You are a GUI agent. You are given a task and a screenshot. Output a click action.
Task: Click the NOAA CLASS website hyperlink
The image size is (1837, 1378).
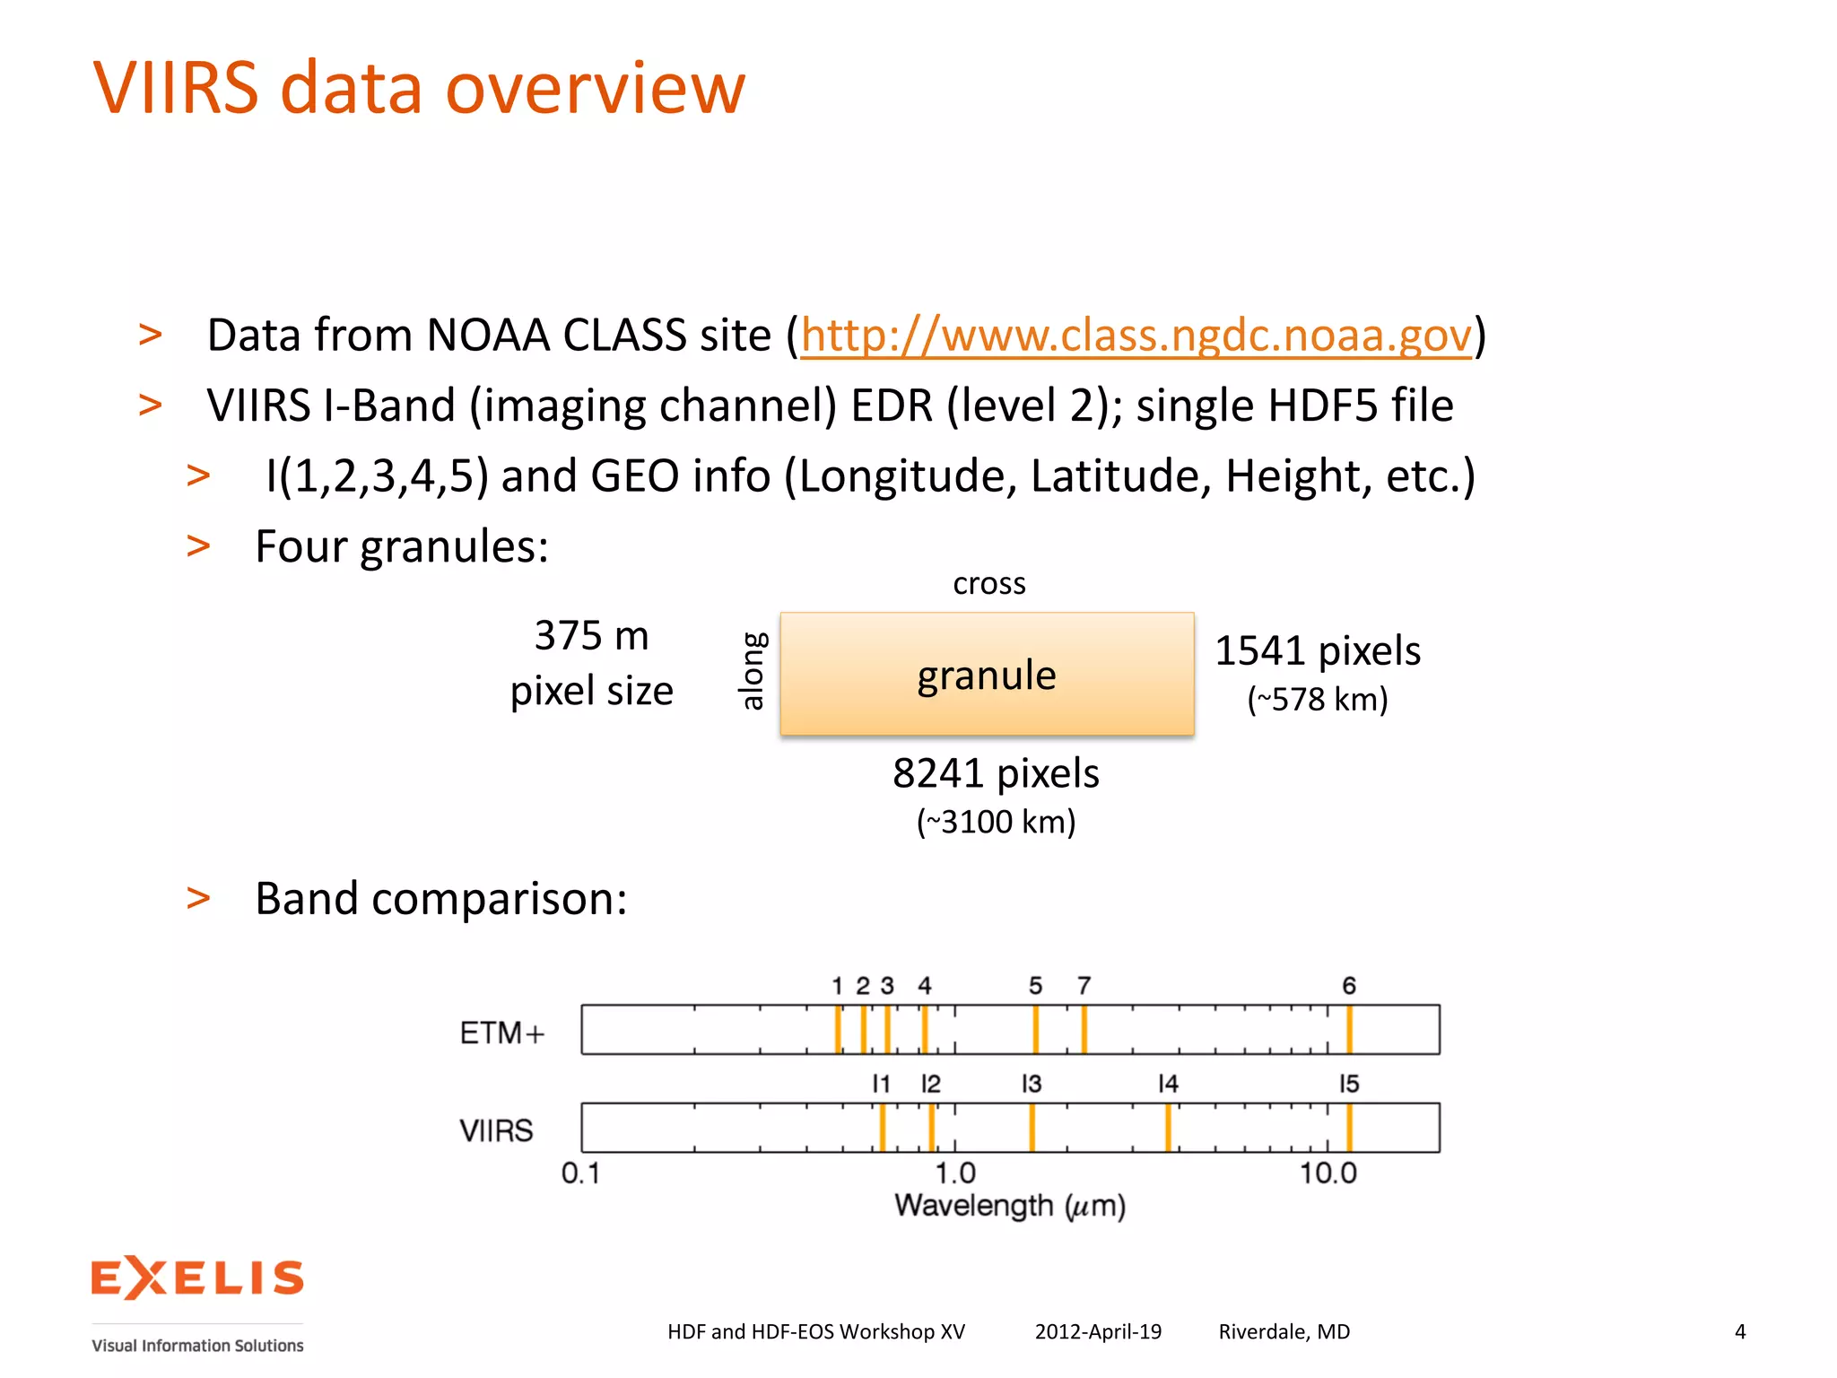pyautogui.click(x=1136, y=336)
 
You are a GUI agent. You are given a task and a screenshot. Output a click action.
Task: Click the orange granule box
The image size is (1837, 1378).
pyautogui.click(x=987, y=675)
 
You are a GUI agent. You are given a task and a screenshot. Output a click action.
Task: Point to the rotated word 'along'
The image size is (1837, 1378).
pyautogui.click(x=753, y=671)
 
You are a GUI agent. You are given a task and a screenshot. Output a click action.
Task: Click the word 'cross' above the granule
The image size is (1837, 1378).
pyautogui.click(x=988, y=584)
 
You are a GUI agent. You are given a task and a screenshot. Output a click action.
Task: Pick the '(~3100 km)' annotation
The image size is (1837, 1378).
pyautogui.click(x=996, y=822)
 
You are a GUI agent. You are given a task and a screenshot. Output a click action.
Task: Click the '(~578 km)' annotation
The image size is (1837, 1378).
pyautogui.click(x=1317, y=700)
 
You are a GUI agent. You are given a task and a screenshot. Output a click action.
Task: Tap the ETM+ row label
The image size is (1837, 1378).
pyautogui.click(x=502, y=1033)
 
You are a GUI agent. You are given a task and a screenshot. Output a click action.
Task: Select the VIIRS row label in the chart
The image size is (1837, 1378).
pyautogui.click(x=496, y=1130)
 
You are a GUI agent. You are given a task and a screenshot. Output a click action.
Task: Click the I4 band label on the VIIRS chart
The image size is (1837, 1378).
pyautogui.click(x=1167, y=1085)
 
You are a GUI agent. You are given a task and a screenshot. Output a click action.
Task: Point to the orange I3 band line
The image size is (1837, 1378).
pyautogui.click(x=1032, y=1128)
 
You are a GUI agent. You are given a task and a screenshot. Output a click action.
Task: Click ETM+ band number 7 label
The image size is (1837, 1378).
pyautogui.click(x=1084, y=987)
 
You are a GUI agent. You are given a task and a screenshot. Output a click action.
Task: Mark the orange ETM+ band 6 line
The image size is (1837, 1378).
pyautogui.click(x=1349, y=1029)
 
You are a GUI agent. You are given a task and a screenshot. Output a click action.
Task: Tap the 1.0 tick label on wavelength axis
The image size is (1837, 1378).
pyautogui.click(x=955, y=1173)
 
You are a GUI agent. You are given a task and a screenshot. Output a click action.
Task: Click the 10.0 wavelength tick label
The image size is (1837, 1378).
pyautogui.click(x=1328, y=1173)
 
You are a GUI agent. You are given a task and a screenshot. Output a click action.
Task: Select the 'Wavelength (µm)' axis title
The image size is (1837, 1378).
pyautogui.click(x=1009, y=1207)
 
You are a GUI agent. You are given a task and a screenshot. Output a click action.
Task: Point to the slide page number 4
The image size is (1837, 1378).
pyautogui.click(x=1740, y=1332)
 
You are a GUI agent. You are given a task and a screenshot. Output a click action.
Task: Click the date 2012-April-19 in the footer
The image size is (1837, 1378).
pyautogui.click(x=1098, y=1332)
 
